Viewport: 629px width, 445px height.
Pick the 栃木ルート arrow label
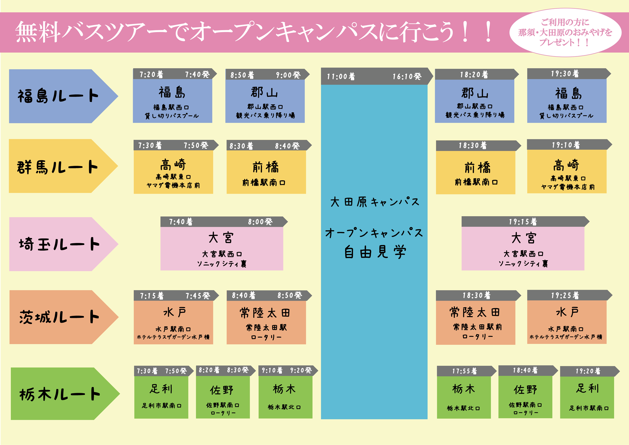tap(60, 394)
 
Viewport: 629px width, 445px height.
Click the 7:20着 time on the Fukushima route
tap(151, 74)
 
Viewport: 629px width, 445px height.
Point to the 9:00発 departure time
tap(288, 75)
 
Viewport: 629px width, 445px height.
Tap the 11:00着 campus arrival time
tap(341, 76)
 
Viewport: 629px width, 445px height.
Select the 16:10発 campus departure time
tap(407, 76)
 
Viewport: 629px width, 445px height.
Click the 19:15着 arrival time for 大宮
tap(523, 222)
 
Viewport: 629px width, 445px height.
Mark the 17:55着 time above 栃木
tap(464, 371)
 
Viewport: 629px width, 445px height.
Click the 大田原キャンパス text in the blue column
tap(375, 202)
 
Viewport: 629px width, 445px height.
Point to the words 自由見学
tap(375, 252)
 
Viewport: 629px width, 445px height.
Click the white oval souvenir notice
tap(565, 32)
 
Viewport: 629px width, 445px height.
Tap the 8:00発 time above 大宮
tap(260, 222)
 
